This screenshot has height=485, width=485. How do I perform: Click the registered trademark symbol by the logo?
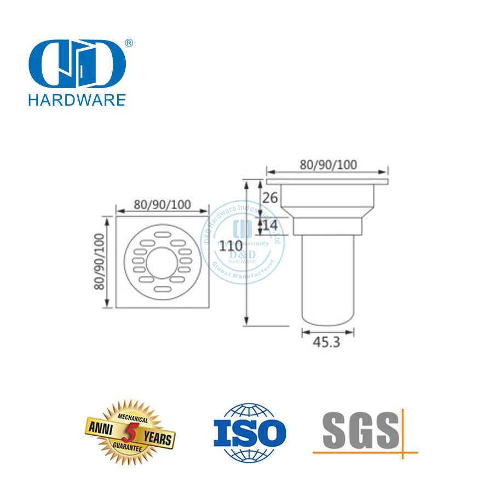coord(129,42)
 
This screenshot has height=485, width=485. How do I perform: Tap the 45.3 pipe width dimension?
coord(327,343)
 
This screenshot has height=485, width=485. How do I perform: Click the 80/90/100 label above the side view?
coord(327,165)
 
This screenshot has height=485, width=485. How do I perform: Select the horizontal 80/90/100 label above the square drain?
coord(163,205)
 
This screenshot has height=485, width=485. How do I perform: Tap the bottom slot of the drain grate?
coord(163,288)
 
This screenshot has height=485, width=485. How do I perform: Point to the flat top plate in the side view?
coord(327,181)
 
